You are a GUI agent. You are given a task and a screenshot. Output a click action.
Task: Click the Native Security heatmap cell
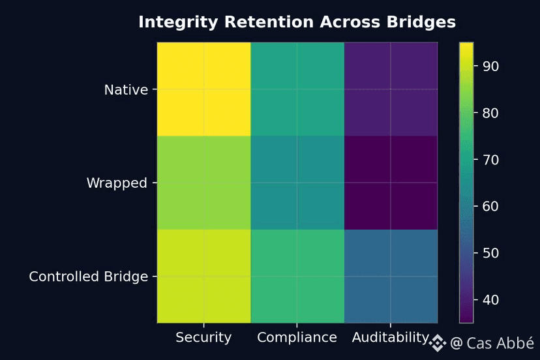point(203,89)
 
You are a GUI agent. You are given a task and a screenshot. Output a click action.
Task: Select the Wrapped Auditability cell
point(390,183)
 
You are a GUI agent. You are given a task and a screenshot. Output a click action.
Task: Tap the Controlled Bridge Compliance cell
point(297,276)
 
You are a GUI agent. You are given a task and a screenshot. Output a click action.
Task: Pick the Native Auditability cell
point(390,89)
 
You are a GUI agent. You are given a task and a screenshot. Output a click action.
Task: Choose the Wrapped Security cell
point(203,183)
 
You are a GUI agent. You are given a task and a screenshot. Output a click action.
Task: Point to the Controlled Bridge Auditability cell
point(390,276)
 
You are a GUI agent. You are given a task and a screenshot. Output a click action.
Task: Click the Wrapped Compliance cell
point(297,183)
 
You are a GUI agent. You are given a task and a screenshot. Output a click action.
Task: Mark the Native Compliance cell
point(297,89)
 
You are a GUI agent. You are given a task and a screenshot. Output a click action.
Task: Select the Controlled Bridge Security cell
point(203,276)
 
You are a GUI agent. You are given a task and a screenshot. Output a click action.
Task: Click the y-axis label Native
point(126,90)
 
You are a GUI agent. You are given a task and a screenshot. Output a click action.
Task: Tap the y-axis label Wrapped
point(117,183)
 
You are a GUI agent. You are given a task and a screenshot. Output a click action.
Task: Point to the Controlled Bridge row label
point(89,277)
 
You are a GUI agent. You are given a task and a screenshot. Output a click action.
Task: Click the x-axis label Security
point(203,337)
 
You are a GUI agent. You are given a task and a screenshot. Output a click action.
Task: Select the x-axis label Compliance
point(297,337)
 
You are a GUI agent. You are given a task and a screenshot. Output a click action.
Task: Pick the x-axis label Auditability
point(390,337)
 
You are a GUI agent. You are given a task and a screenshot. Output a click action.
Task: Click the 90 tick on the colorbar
point(490,67)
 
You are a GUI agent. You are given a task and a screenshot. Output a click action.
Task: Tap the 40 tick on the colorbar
point(490,300)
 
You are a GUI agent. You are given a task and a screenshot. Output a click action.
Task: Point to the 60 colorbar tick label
point(490,207)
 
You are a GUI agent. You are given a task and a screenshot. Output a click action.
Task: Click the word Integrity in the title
point(178,22)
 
